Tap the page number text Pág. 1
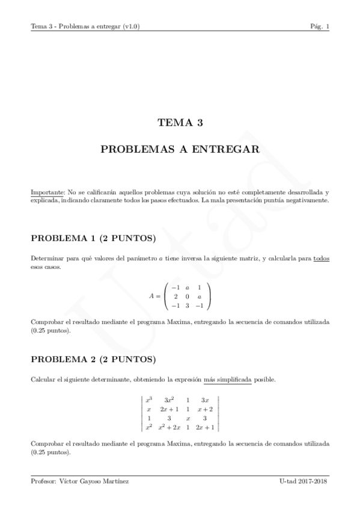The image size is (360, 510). [319, 26]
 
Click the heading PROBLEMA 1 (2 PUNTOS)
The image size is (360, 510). [93, 238]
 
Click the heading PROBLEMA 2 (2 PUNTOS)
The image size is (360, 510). [93, 360]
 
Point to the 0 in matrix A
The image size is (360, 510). [186, 296]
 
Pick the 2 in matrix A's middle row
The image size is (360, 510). [175, 296]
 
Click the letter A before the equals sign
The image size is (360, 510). [151, 296]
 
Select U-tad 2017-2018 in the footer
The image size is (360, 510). [304, 482]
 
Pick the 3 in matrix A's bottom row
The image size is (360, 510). [186, 306]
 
